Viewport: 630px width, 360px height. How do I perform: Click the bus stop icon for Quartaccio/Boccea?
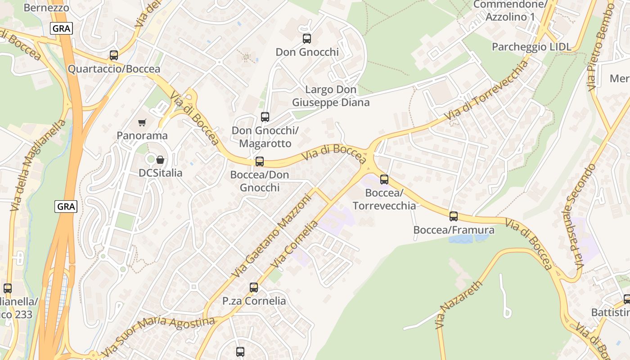tap(114, 55)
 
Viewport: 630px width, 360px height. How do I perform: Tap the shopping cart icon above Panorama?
tap(142, 122)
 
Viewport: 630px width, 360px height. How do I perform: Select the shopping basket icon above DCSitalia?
tap(160, 160)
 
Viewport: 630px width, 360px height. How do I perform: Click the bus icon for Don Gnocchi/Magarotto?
tap(265, 117)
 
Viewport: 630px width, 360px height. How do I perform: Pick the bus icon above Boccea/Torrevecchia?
tap(384, 180)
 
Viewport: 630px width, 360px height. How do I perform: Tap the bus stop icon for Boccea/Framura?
tap(454, 216)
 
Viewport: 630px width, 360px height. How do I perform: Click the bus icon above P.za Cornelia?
tap(254, 288)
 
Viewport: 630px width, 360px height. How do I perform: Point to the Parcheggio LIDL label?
tap(531, 47)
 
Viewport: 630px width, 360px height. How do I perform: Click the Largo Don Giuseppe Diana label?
tap(331, 96)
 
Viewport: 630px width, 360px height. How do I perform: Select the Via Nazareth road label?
tap(459, 305)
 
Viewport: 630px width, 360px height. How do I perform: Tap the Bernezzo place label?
tap(46, 8)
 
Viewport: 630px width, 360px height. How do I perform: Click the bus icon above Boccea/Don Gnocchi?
tap(259, 162)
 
